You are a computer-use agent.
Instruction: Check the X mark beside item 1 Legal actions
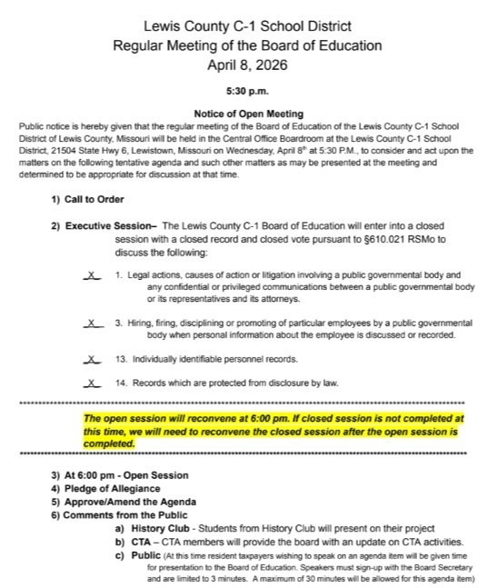[92, 274]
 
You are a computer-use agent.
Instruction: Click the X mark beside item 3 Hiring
[92, 323]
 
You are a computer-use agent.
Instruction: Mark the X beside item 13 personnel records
[92, 360]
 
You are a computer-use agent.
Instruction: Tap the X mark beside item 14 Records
[92, 384]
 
